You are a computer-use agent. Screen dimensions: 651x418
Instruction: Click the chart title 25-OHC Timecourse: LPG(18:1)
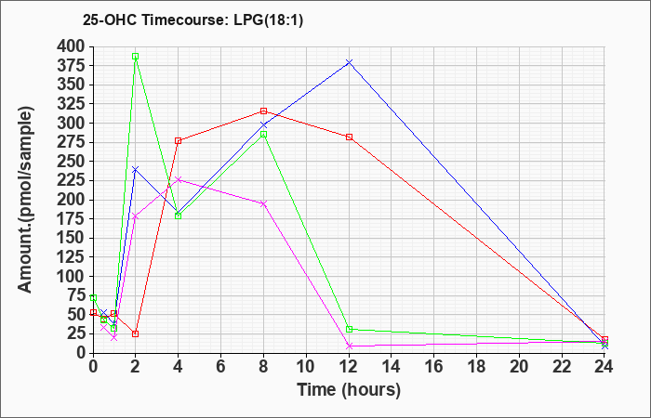pyautogui.click(x=193, y=20)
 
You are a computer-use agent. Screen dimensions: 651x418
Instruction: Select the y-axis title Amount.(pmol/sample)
pyautogui.click(x=25, y=200)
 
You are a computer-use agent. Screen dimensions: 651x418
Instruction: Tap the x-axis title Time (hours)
pyautogui.click(x=349, y=390)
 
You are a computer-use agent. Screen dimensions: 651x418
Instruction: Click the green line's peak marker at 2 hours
pyautogui.click(x=136, y=57)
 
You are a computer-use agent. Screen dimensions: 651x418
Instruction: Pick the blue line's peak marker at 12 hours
pyautogui.click(x=349, y=62)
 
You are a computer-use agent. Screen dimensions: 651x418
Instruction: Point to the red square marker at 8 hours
pyautogui.click(x=263, y=111)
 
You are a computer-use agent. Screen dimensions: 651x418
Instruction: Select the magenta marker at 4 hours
pyautogui.click(x=179, y=179)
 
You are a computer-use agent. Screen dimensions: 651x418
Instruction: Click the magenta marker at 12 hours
pyautogui.click(x=349, y=346)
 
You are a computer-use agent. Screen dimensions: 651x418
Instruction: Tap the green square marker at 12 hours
pyautogui.click(x=349, y=329)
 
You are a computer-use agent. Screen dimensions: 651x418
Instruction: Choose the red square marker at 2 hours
pyautogui.click(x=136, y=333)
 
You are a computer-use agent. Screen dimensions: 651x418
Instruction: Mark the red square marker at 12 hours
pyautogui.click(x=349, y=137)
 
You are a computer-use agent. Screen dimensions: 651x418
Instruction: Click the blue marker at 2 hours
pyautogui.click(x=136, y=169)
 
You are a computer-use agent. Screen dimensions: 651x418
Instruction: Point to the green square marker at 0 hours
pyautogui.click(x=93, y=298)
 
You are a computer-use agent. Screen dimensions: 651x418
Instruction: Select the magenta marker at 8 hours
pyautogui.click(x=263, y=203)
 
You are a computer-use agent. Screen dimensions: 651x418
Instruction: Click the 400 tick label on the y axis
pyautogui.click(x=73, y=47)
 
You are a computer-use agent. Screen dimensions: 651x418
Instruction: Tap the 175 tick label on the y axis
pyautogui.click(x=73, y=219)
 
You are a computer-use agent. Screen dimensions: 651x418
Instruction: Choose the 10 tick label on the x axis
pyautogui.click(x=306, y=367)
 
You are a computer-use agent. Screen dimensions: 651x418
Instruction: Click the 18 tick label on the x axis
pyautogui.click(x=476, y=367)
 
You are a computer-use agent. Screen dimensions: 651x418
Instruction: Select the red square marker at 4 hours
pyautogui.click(x=179, y=141)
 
